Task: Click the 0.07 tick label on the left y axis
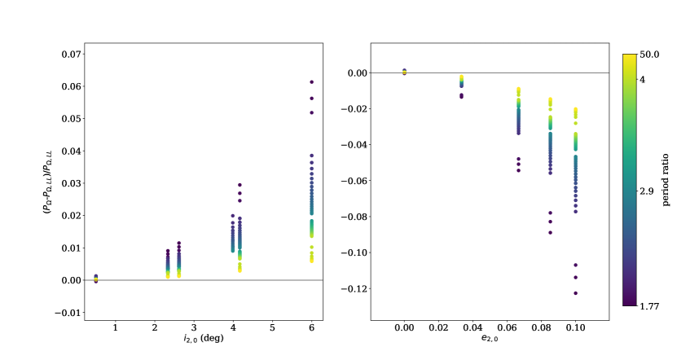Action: (x=70, y=54)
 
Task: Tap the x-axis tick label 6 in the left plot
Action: (x=311, y=327)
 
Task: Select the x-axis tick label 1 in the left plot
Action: (x=115, y=327)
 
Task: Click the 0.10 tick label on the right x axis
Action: (x=576, y=327)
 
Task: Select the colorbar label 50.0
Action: (x=648, y=55)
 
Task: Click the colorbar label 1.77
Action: (x=648, y=305)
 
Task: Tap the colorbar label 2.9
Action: (x=647, y=191)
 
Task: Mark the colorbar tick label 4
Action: (x=642, y=79)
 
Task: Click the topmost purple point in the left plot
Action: (x=311, y=82)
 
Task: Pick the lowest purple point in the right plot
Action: (x=576, y=293)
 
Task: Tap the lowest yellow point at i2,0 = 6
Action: (x=311, y=261)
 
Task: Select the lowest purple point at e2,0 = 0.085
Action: (x=550, y=232)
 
